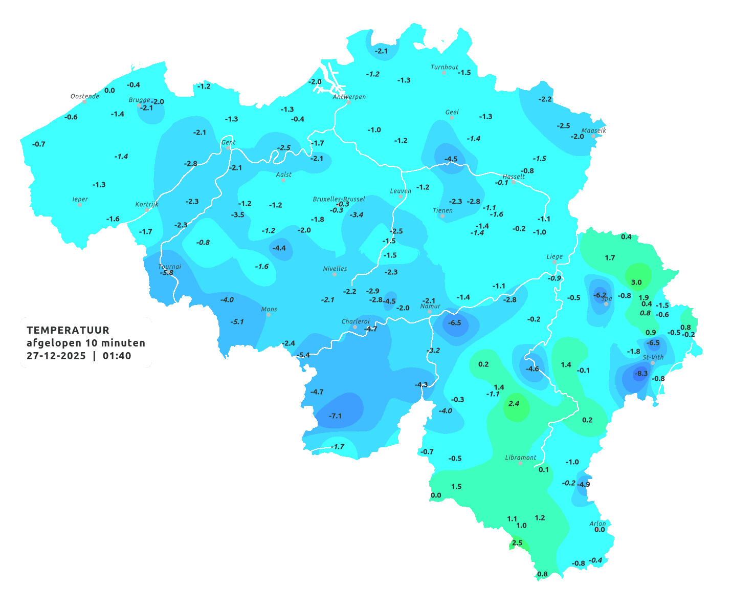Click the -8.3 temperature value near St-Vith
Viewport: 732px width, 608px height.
[640, 374]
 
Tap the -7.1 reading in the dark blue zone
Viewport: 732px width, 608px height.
[335, 416]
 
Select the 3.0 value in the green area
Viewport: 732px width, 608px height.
[636, 283]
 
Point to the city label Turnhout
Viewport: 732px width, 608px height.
[445, 67]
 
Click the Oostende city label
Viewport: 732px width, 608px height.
[84, 96]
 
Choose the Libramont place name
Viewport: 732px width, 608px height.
[521, 458]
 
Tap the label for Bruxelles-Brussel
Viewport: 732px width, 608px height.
[339, 199]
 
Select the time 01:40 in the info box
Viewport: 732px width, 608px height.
[117, 356]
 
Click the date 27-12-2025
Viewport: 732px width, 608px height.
[56, 356]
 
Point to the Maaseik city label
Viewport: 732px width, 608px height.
[593, 131]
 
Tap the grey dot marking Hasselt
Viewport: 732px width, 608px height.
[514, 182]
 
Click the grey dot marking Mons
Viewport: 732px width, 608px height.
[269, 315]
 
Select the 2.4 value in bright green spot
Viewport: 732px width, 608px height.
[514, 404]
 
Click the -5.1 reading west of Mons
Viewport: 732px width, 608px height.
[237, 322]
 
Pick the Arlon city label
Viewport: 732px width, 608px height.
[597, 524]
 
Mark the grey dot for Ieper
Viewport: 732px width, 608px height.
[79, 204]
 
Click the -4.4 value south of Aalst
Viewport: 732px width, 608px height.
[279, 248]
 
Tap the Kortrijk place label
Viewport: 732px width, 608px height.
[147, 204]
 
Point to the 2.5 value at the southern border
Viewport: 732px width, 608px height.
[517, 543]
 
